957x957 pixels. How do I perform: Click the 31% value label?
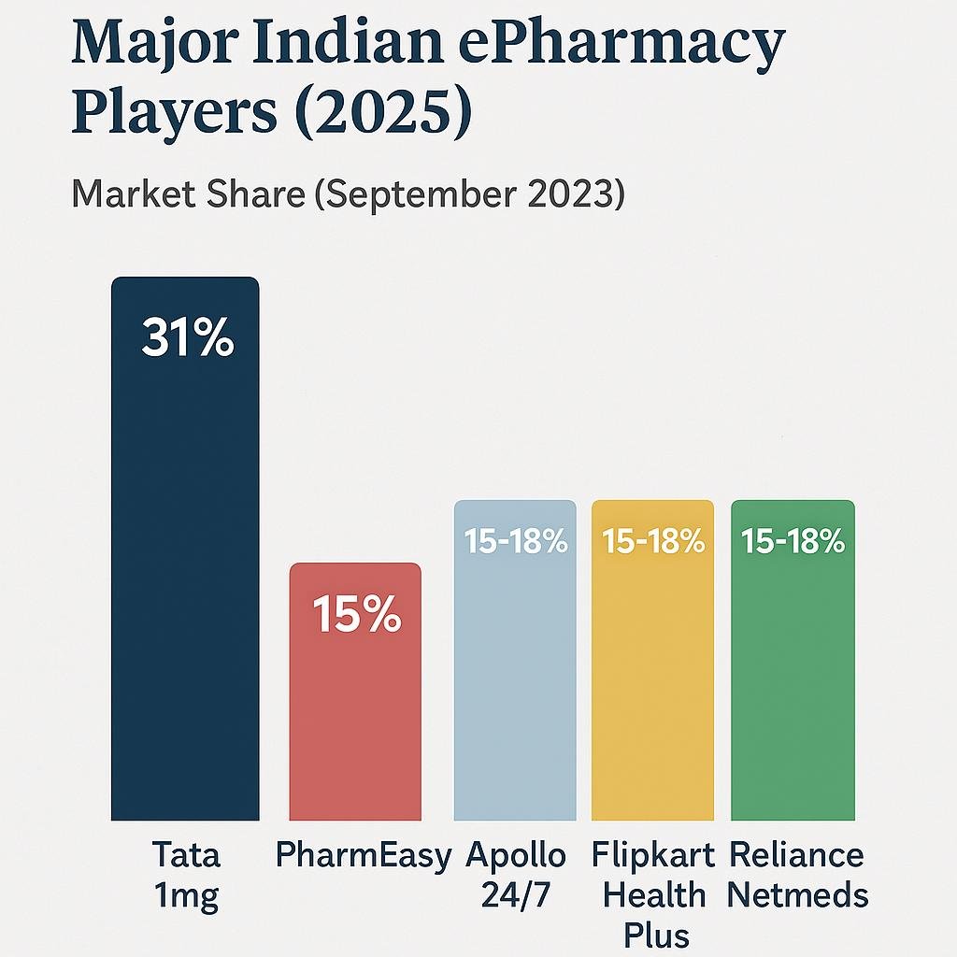pos(187,338)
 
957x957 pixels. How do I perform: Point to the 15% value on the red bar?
pos(356,617)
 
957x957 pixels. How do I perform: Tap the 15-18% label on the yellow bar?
pos(653,541)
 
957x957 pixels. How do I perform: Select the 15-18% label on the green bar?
pos(793,541)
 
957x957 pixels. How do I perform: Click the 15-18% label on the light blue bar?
pos(516,541)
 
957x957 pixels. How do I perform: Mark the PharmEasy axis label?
pos(364,856)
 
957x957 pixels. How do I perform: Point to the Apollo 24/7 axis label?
pos(516,877)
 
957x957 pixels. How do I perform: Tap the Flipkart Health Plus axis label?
pos(653,895)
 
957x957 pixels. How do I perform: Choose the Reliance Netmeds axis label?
pos(797,877)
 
